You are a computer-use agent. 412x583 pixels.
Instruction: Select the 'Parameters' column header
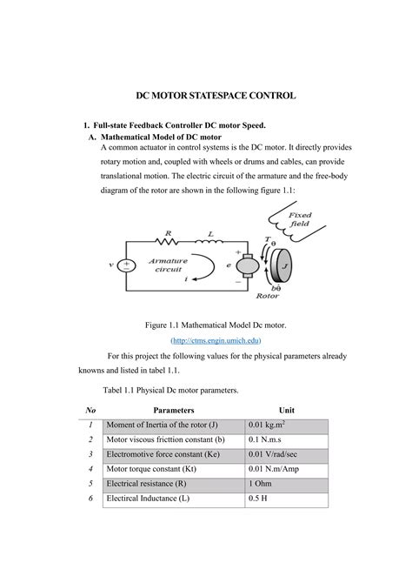click(x=174, y=409)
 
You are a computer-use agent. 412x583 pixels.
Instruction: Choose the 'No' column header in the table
click(x=90, y=409)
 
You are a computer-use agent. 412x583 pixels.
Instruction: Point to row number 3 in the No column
click(x=90, y=453)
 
